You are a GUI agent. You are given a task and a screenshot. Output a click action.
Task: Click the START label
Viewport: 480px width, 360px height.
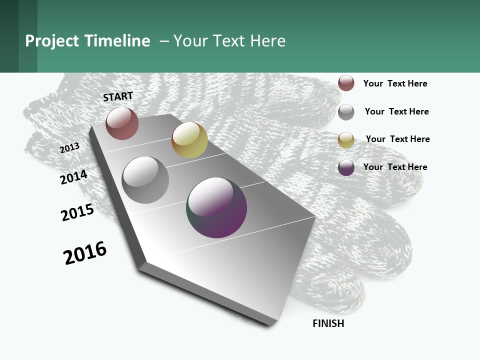[118, 96]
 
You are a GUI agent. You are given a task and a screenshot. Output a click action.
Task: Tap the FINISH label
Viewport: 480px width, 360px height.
[328, 323]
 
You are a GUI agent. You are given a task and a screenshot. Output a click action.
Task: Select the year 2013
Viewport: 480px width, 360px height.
[69, 148]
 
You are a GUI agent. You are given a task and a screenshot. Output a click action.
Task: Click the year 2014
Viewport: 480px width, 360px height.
[73, 177]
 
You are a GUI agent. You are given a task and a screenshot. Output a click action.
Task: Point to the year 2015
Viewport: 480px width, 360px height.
[77, 212]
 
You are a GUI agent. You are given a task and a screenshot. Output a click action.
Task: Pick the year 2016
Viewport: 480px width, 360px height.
[85, 253]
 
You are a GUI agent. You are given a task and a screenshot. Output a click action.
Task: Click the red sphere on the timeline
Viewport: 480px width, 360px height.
[122, 123]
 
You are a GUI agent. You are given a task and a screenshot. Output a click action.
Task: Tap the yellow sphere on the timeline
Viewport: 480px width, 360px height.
[189, 140]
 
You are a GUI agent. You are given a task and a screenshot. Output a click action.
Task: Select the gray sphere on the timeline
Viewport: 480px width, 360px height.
[145, 180]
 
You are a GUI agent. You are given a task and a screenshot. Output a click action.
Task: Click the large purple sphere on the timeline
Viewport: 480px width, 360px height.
[216, 207]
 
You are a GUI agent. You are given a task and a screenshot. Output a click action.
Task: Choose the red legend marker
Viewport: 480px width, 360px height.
[346, 83]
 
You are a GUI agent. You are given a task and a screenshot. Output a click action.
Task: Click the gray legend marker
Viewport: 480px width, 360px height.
[346, 112]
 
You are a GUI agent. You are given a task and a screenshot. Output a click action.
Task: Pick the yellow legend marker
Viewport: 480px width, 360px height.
[346, 140]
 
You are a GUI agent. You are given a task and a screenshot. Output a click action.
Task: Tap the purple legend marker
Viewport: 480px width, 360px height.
[346, 167]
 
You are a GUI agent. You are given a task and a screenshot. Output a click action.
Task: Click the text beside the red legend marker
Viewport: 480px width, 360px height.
[395, 83]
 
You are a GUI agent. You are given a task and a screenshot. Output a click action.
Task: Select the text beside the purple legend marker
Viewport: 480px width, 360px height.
[395, 167]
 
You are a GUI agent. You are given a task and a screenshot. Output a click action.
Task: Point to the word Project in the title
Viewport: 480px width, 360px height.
[52, 41]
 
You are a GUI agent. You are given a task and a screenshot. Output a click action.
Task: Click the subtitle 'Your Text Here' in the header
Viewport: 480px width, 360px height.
[229, 41]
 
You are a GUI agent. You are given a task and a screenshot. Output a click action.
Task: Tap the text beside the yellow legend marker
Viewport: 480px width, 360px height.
[397, 139]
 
